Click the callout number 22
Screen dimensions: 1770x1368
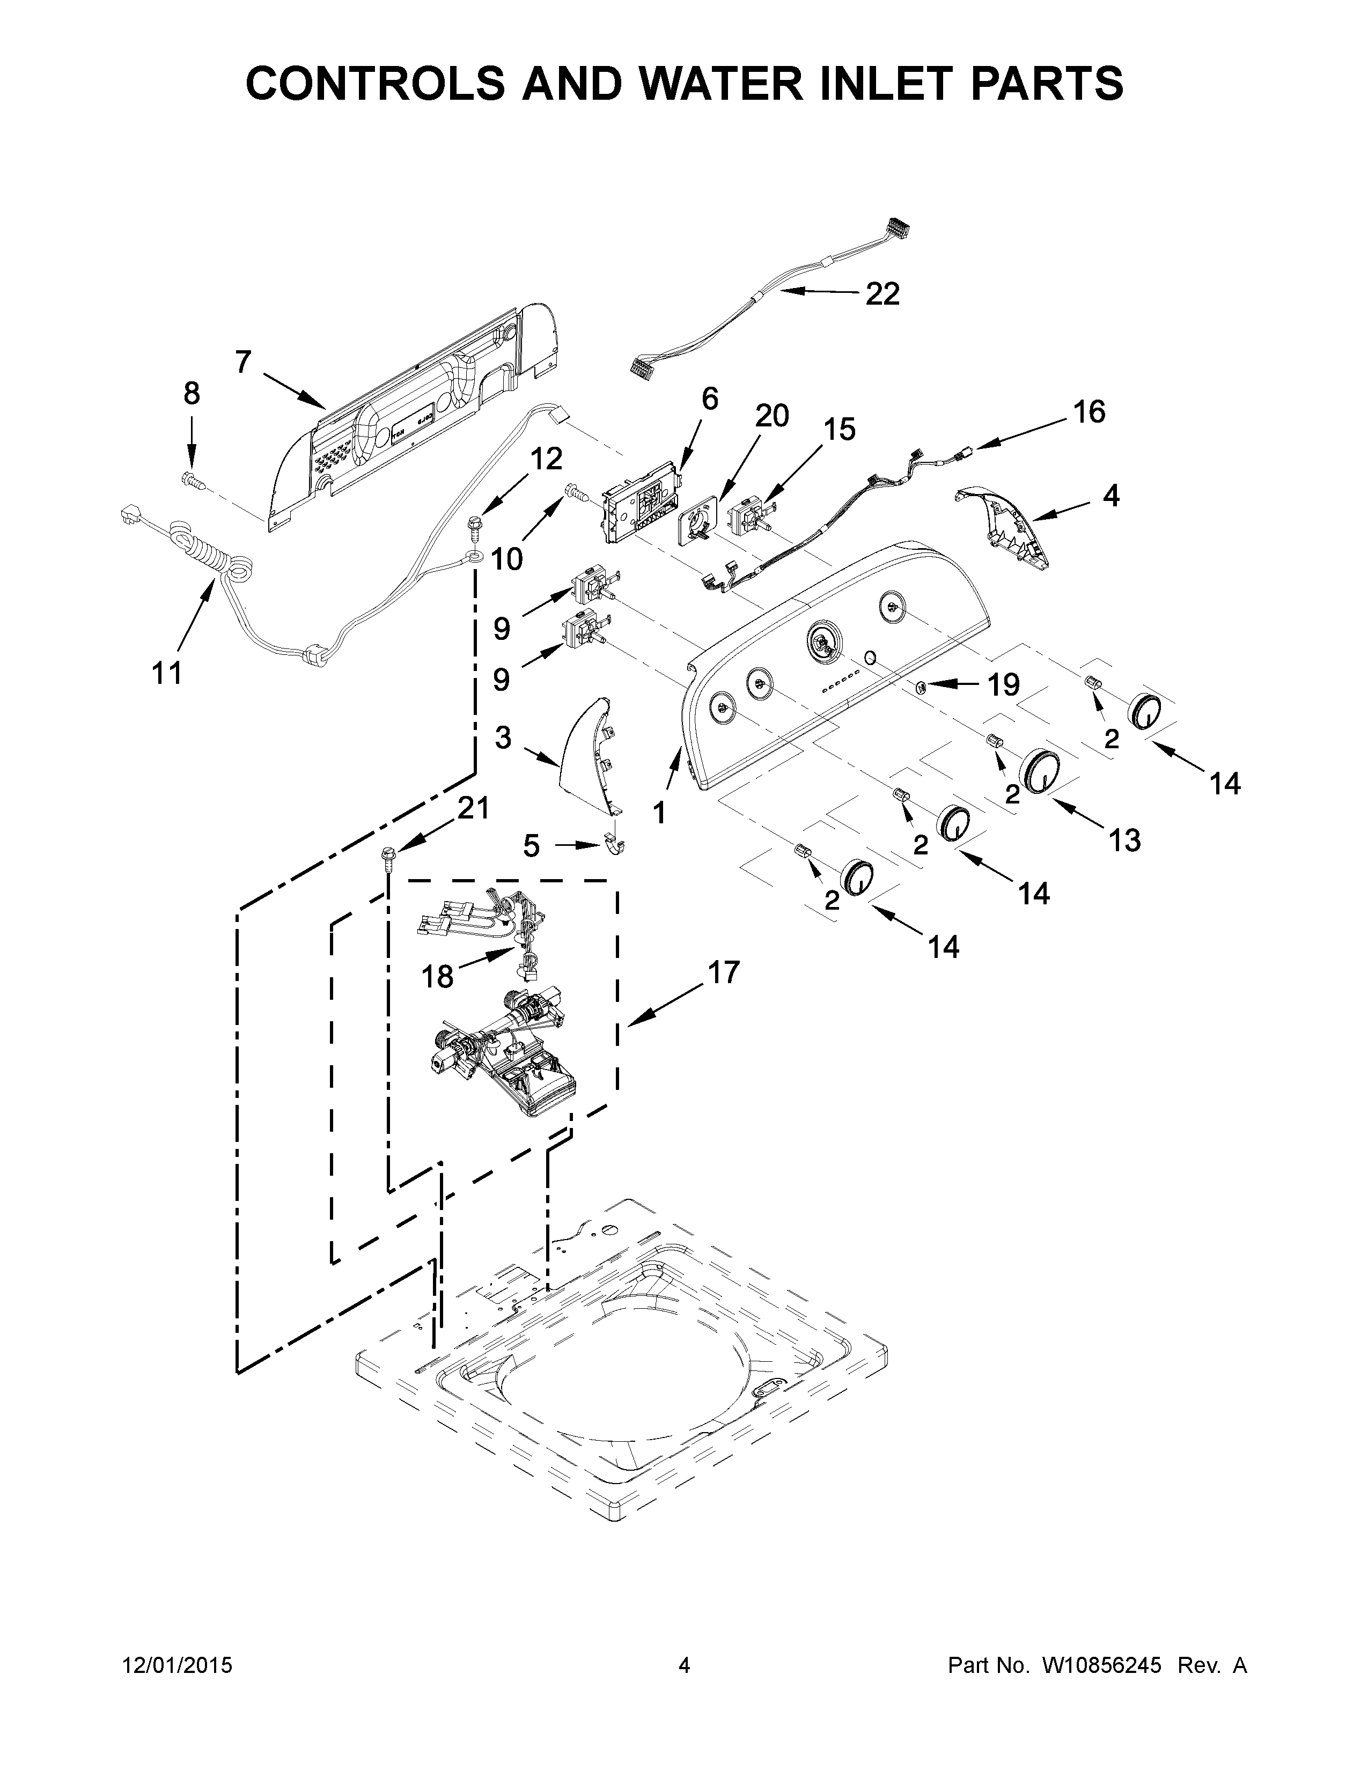882,294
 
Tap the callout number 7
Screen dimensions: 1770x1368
243,362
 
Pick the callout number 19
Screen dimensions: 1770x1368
1003,685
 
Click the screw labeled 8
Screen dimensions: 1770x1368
192,479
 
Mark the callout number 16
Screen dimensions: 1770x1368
1089,412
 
